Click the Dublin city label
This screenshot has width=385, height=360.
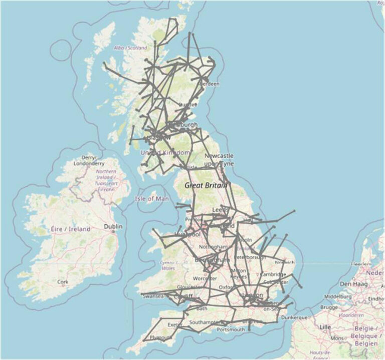point(112,226)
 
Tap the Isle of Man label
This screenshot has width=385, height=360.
point(151,199)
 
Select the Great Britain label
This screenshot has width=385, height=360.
point(206,185)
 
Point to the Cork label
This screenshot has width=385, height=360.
point(62,282)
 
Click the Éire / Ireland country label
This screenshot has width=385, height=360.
point(71,229)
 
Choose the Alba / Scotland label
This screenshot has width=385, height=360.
point(131,48)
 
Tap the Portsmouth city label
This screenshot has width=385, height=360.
point(231,329)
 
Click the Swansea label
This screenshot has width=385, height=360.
point(153,296)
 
